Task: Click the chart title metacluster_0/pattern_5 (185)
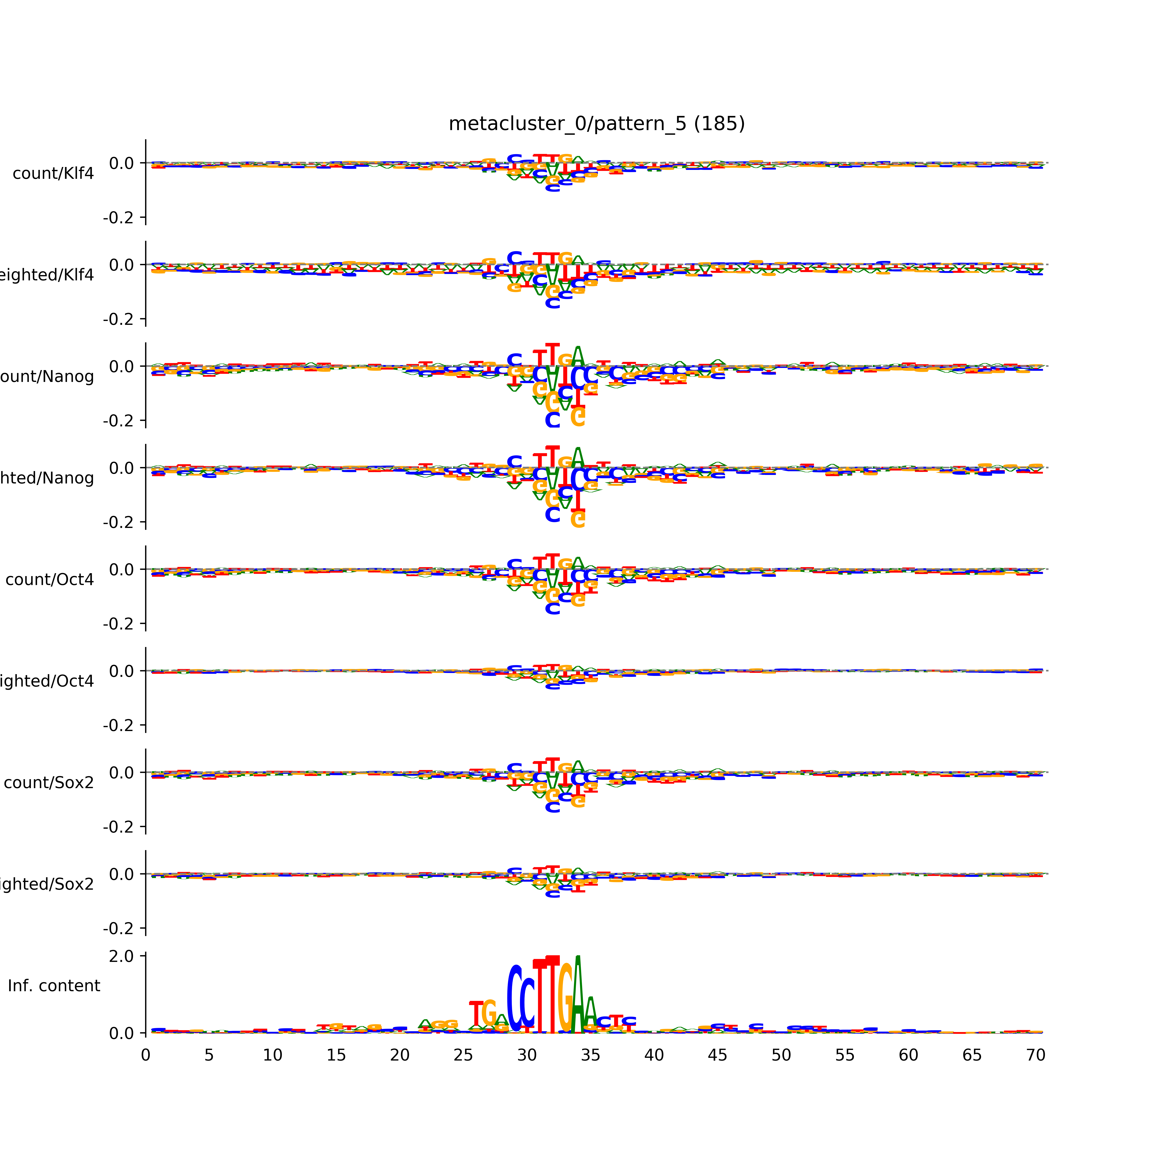pos(596,124)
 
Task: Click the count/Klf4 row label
pos(53,174)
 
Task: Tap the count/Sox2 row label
pos(49,783)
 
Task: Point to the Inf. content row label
pos(54,986)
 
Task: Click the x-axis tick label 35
pos(590,1055)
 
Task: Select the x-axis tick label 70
pos(1035,1055)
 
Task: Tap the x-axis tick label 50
pos(781,1055)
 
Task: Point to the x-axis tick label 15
pos(336,1055)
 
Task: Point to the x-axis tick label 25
pos(463,1055)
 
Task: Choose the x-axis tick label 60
pos(908,1055)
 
